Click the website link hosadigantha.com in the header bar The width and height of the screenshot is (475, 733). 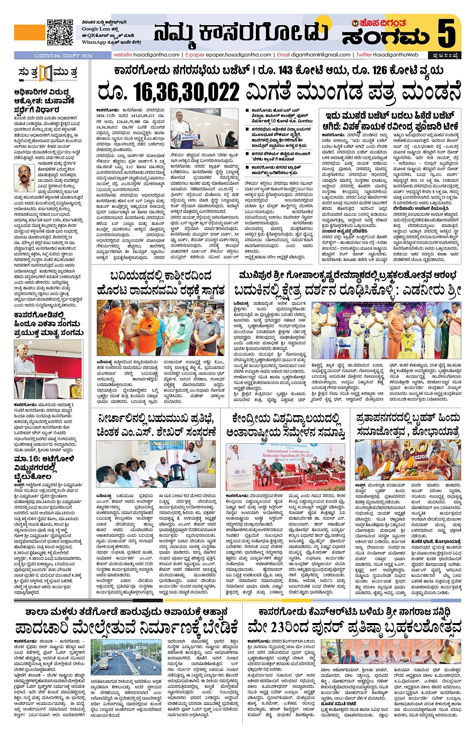pyautogui.click(x=146, y=55)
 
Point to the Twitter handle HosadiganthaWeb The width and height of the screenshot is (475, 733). pyautogui.click(x=387, y=55)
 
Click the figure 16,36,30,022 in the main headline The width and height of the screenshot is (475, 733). pyautogui.click(x=168, y=92)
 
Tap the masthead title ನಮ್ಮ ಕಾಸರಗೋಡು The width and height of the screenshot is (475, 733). pyautogui.click(x=240, y=33)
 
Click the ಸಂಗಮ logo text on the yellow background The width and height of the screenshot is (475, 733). pyautogui.click(x=386, y=37)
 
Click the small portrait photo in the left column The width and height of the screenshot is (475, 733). pyautogui.click(x=24, y=179)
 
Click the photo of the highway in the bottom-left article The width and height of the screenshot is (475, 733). pyautogui.click(x=126, y=657)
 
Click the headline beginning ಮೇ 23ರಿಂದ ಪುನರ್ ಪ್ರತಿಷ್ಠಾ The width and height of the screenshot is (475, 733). pyautogui.click(x=354, y=628)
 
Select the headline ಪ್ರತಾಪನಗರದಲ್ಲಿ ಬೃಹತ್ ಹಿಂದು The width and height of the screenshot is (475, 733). pyautogui.click(x=407, y=424)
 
